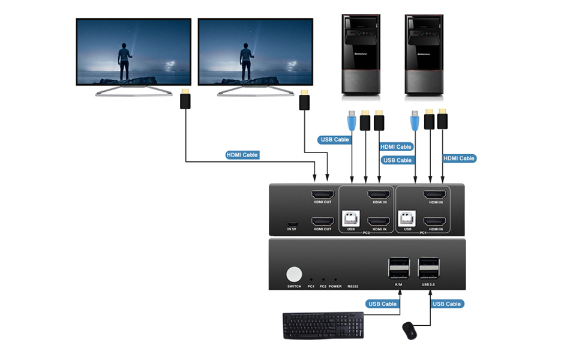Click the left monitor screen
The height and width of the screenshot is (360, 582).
tap(133, 53)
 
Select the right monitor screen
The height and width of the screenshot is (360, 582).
tap(256, 53)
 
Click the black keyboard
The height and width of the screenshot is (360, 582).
tap(323, 326)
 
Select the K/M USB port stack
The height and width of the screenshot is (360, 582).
tap(399, 268)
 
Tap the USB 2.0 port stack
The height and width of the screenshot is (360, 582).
tap(430, 268)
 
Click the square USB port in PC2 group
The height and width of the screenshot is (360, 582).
tap(350, 219)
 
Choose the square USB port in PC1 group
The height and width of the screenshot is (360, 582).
tap(408, 219)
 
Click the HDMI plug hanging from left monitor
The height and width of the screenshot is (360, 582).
tap(185, 100)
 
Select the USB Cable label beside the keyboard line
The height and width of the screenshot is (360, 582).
tap(382, 304)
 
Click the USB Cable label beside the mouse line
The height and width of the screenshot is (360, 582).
tap(447, 304)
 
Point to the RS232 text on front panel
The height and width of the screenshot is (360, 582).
tap(353, 287)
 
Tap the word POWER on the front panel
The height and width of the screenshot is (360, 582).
tap(335, 287)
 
